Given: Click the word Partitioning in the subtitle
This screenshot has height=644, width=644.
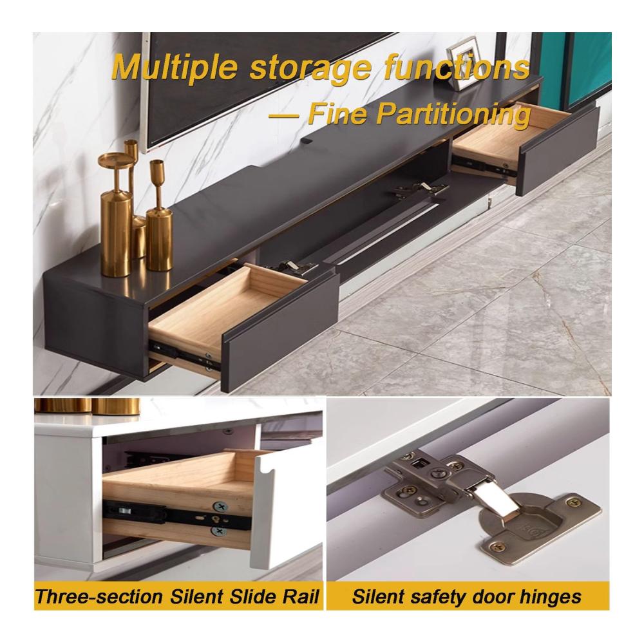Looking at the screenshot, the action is [453, 115].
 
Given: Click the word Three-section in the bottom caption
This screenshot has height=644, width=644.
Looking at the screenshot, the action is [99, 597].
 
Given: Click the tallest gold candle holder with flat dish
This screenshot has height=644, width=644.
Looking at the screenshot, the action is [116, 214].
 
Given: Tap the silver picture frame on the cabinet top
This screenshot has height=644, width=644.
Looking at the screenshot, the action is [463, 64].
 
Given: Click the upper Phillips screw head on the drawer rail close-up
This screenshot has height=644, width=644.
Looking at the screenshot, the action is [220, 507].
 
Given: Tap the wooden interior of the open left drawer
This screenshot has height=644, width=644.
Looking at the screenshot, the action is [222, 312].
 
